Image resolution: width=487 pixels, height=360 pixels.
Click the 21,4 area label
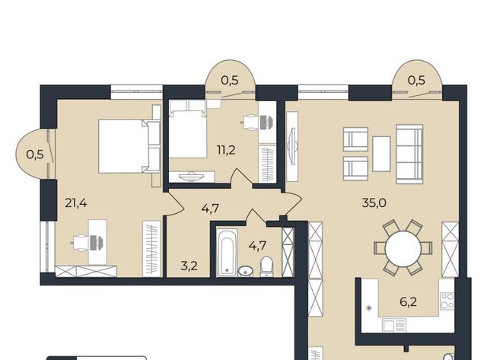[76, 203]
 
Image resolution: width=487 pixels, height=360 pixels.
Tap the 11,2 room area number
[226, 151]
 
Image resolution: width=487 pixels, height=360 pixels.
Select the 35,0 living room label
[374, 202]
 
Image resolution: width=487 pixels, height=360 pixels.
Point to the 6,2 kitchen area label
[408, 301]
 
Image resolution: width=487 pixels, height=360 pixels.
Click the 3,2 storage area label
[189, 266]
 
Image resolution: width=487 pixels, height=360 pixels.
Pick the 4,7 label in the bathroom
[257, 245]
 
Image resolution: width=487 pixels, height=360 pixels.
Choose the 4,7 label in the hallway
[210, 208]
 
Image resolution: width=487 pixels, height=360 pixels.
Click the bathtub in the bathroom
[227, 253]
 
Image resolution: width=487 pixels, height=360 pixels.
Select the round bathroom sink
[246, 271]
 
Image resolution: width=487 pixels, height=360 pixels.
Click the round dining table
[403, 247]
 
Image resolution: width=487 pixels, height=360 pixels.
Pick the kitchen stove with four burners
[447, 301]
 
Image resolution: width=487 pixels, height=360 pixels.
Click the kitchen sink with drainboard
[394, 325]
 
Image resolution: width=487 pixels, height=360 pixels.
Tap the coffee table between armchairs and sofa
[381, 154]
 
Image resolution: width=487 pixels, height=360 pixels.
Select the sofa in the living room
[409, 154]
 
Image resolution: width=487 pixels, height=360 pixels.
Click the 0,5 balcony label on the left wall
[35, 155]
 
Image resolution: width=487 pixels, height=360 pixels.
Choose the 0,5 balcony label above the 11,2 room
[230, 80]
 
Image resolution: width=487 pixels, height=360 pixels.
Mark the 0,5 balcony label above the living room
[416, 80]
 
